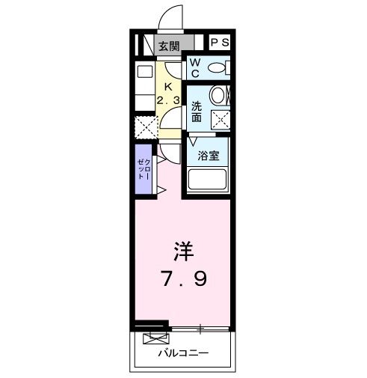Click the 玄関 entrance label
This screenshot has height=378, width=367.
pyautogui.click(x=169, y=45)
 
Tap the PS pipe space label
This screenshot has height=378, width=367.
pyautogui.click(x=218, y=43)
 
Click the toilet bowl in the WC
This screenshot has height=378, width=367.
pyautogui.click(x=216, y=68)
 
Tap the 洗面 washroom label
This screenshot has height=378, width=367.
pyautogui.click(x=196, y=111)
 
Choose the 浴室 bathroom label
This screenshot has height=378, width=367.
pyautogui.click(x=209, y=156)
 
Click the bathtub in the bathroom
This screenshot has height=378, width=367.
pyautogui.click(x=209, y=180)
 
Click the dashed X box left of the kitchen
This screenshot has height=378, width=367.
pyautogui.click(x=144, y=128)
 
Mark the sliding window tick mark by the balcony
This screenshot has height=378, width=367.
pyautogui.click(x=201, y=328)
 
